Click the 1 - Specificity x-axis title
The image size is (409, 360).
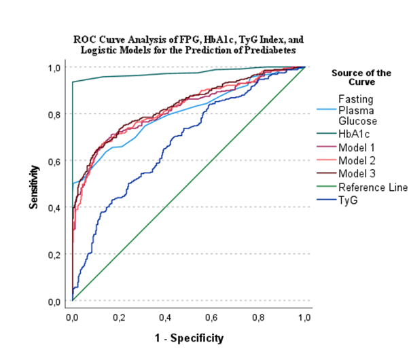point(188,337)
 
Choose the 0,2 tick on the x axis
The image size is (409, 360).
point(118,317)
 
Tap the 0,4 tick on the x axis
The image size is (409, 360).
point(165,317)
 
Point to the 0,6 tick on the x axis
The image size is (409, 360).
point(212,317)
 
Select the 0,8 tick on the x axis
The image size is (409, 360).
point(258,317)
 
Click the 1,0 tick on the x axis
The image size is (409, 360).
point(304,317)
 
